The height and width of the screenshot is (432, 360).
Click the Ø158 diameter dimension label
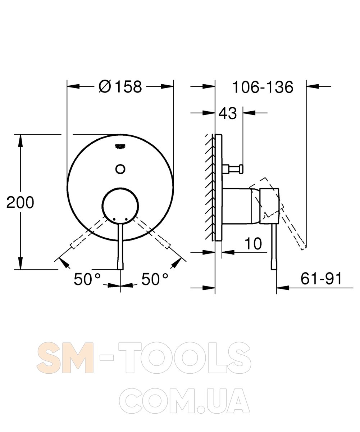[120, 87]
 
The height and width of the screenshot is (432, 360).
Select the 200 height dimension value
[20, 203]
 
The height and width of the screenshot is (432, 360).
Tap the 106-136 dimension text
[263, 87]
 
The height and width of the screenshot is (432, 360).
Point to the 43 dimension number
[228, 113]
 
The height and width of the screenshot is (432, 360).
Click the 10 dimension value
[253, 243]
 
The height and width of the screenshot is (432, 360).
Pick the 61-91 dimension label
[321, 279]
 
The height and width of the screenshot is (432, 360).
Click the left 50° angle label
[87, 279]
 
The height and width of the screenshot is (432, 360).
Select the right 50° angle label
[155, 279]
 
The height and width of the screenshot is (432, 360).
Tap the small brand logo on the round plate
[120, 146]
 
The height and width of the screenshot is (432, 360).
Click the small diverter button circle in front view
[120, 169]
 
